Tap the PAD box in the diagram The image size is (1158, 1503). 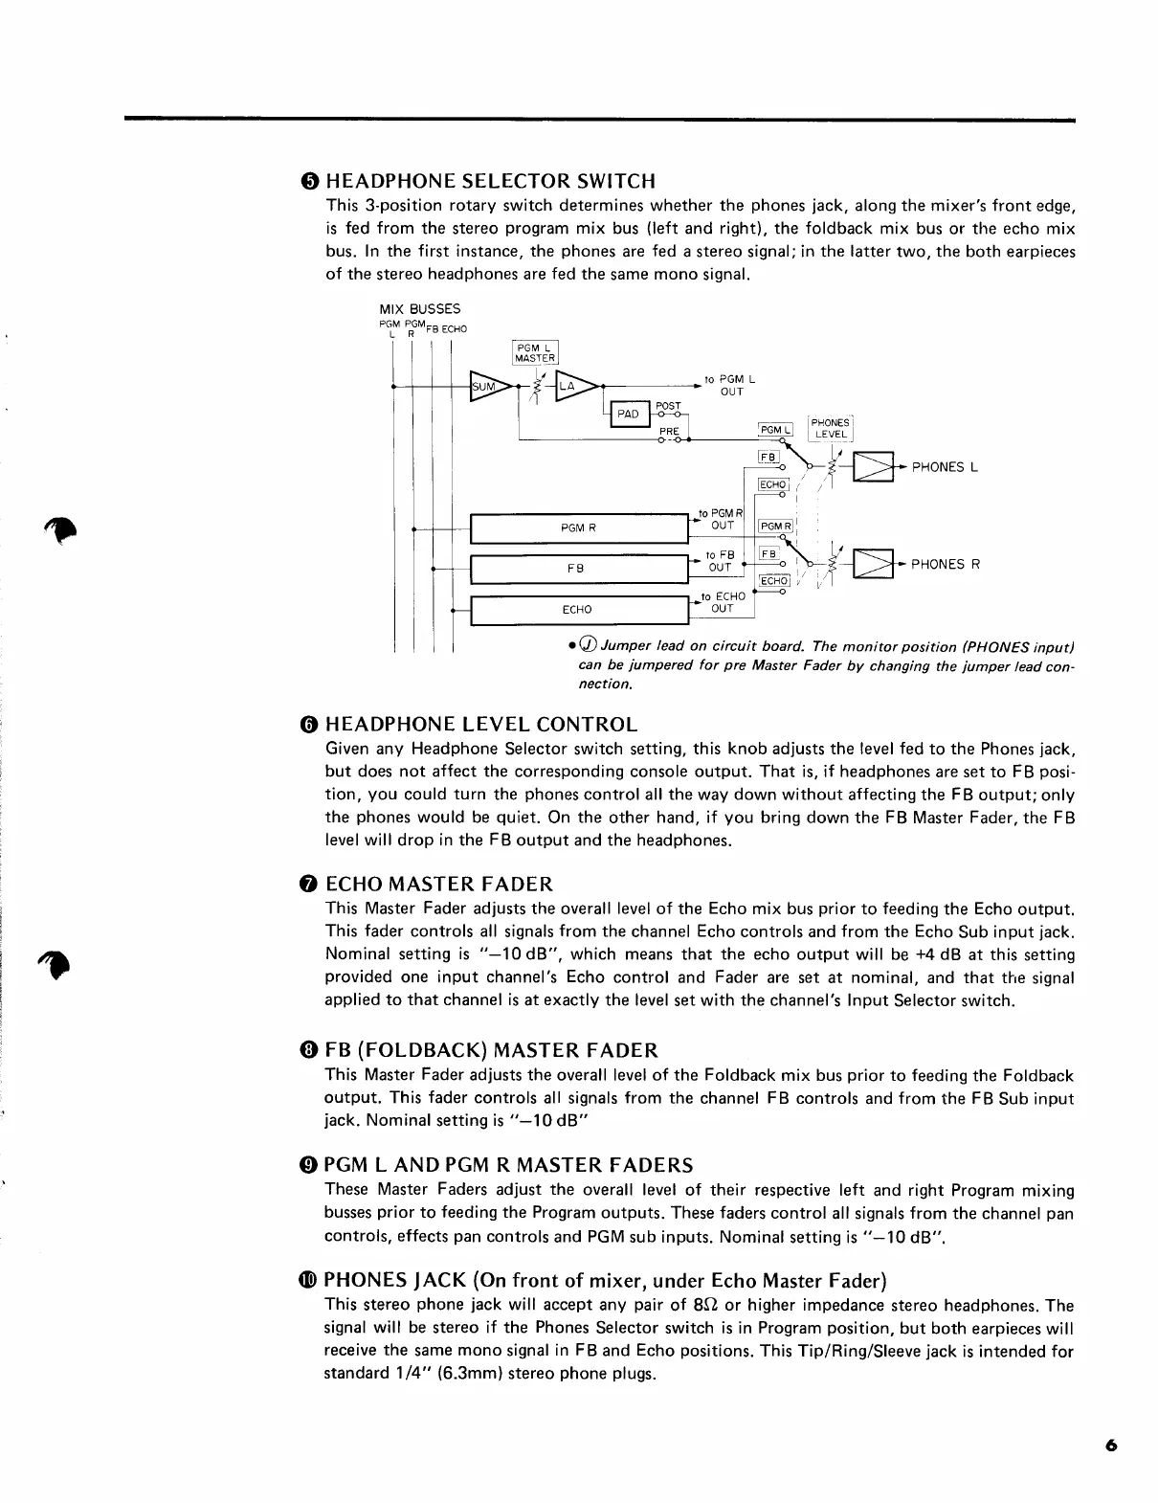pyautogui.click(x=628, y=414)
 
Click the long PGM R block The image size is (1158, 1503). pyautogui.click(x=579, y=527)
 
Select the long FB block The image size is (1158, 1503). pyautogui.click(x=579, y=569)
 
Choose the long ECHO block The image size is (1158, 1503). pyautogui.click(x=579, y=610)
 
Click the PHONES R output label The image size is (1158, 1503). pyautogui.click(x=946, y=564)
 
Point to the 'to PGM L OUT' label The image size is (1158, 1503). pyautogui.click(x=730, y=385)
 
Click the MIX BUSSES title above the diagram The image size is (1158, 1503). pyautogui.click(x=420, y=309)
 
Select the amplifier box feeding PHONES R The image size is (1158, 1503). pyautogui.click(x=873, y=564)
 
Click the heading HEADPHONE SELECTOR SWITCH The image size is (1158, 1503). pyautogui.click(x=491, y=181)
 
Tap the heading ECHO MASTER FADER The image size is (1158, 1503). pyautogui.click(x=439, y=884)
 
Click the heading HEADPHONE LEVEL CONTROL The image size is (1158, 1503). pyautogui.click(x=481, y=724)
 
